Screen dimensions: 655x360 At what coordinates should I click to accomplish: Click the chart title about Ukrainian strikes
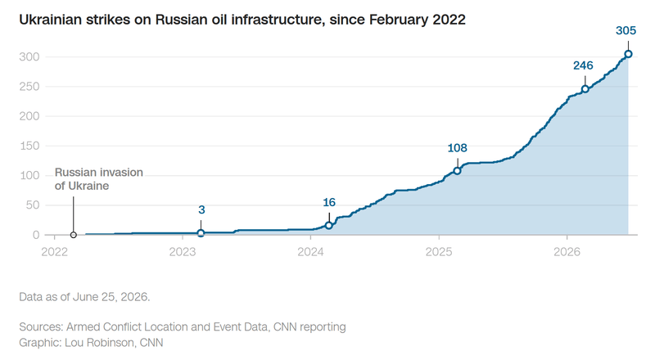click(x=242, y=20)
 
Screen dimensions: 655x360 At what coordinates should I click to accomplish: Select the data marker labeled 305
click(x=628, y=54)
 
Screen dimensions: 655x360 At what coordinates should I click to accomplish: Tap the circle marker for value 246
click(x=585, y=89)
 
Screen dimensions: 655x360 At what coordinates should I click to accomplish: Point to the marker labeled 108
click(x=457, y=171)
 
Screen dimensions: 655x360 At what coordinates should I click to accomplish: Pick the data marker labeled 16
click(x=329, y=226)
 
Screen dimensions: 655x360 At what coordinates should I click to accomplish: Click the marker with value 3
click(x=201, y=233)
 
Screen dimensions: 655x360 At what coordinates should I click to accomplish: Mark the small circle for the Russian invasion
click(x=73, y=235)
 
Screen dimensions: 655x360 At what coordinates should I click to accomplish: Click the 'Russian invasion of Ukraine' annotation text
click(x=98, y=179)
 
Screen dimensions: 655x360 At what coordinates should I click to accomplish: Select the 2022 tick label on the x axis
click(x=54, y=252)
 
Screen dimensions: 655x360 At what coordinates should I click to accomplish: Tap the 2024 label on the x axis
click(x=310, y=252)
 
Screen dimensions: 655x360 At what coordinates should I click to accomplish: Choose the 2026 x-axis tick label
click(x=567, y=252)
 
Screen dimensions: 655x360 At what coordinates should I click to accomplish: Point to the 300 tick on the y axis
click(x=29, y=56)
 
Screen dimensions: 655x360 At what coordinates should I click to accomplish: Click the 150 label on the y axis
click(x=29, y=146)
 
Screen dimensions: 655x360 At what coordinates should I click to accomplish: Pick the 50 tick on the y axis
click(x=33, y=205)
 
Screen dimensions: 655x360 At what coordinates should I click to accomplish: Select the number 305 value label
click(x=626, y=30)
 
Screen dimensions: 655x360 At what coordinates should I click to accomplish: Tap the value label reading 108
click(x=457, y=148)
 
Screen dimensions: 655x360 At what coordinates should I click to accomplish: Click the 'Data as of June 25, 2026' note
click(x=84, y=297)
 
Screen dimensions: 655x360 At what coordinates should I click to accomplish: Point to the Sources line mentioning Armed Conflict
click(x=183, y=326)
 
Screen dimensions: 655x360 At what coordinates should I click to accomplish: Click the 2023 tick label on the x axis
click(x=183, y=252)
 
